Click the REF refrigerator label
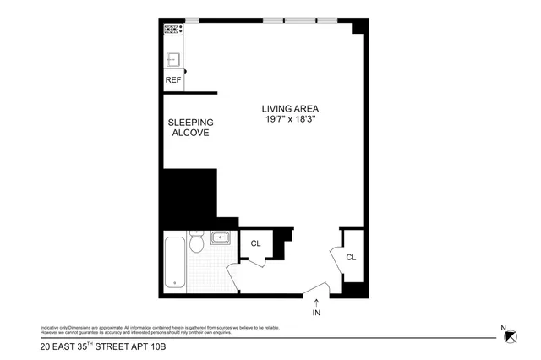[172, 80]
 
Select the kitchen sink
[172, 58]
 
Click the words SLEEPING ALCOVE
[189, 128]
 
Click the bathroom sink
[220, 237]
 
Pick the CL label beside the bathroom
[255, 243]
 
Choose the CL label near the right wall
[351, 257]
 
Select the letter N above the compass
[504, 328]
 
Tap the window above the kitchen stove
[192, 19]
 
